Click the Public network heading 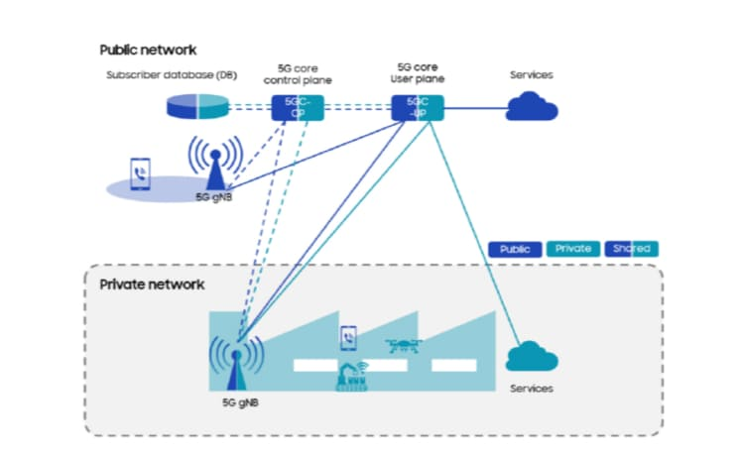coord(148,50)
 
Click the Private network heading coord(152,285)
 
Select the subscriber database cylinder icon coord(196,105)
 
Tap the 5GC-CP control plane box coord(297,107)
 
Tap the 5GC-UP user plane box coord(417,107)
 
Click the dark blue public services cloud coord(532,105)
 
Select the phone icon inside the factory coord(348,338)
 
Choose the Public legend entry coord(515,249)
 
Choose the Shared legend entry coord(630,249)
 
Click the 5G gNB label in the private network coord(242,403)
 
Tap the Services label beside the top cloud coord(531,75)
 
